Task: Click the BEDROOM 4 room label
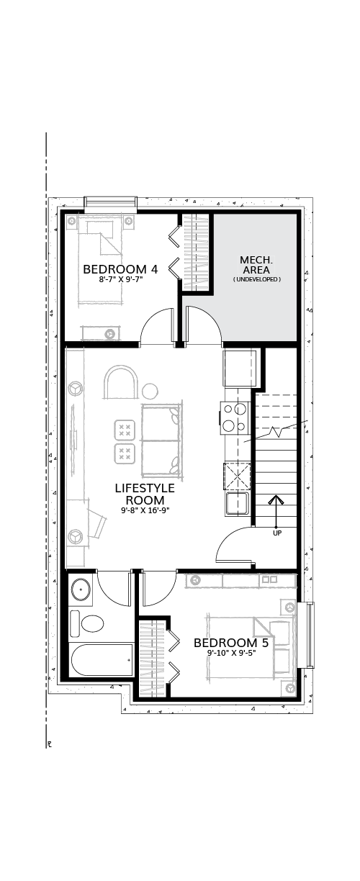click(x=120, y=269)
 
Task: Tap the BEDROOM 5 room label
click(x=231, y=643)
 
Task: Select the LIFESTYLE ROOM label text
click(x=145, y=494)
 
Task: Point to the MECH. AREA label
click(x=256, y=265)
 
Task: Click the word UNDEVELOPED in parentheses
click(x=256, y=280)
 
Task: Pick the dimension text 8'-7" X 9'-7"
click(x=120, y=280)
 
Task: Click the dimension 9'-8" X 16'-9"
click(x=145, y=510)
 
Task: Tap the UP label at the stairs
click(x=277, y=534)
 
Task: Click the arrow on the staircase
click(x=276, y=511)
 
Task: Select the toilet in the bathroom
click(x=86, y=624)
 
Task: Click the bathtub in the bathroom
click(x=102, y=661)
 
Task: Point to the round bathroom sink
click(x=81, y=590)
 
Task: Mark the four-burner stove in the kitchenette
click(x=235, y=417)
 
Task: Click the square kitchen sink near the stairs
click(x=236, y=504)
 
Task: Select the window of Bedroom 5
click(x=306, y=635)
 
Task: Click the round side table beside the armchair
click(x=150, y=391)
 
